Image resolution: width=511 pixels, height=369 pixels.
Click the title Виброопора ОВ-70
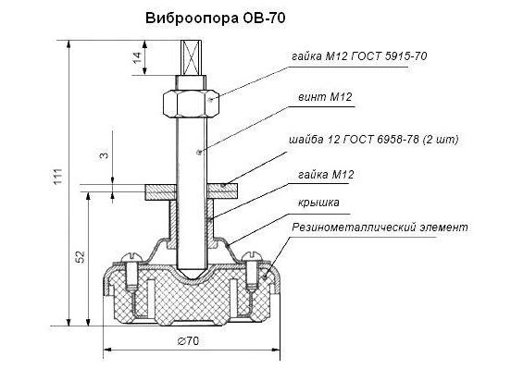(216, 18)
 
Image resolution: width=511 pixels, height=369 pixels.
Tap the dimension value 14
(138, 57)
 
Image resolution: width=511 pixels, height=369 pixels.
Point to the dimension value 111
(57, 177)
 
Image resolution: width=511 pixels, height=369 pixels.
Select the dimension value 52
(81, 256)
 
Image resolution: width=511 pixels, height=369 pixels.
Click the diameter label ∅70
(188, 341)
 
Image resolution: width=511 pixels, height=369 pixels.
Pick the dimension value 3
(104, 155)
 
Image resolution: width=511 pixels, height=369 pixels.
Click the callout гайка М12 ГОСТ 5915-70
(359, 56)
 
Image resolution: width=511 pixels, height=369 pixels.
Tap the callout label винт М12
(325, 97)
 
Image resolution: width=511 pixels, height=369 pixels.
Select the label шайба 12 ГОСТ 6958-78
(354, 140)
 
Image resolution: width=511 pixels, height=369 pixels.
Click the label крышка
(318, 203)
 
